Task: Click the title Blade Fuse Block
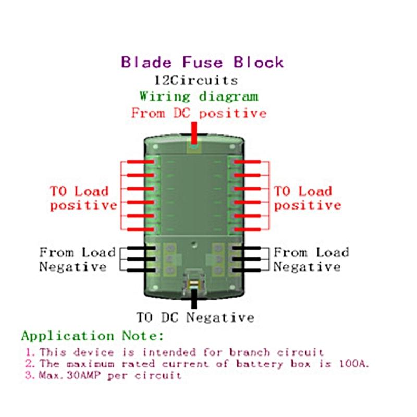tap(202, 63)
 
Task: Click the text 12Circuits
tap(195, 80)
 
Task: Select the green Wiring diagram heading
tap(198, 96)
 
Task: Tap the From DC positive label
tap(199, 113)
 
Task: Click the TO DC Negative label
tap(195, 317)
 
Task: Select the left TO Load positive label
tap(83, 198)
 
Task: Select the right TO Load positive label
tap(308, 198)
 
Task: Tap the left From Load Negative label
tap(77, 260)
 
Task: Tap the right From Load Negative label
tap(311, 260)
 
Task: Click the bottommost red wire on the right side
tap(249, 229)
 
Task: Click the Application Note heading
tap(93, 336)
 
